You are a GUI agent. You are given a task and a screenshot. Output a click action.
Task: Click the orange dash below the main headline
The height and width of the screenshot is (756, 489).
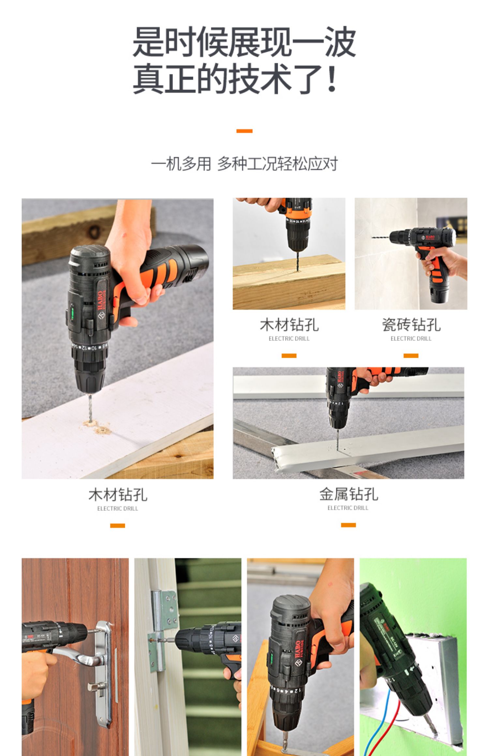pos(244,131)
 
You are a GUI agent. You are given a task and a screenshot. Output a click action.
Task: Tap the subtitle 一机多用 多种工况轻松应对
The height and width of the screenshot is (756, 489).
pos(244,163)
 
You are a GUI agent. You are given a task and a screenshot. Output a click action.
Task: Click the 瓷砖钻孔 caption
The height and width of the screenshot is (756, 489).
pos(411,325)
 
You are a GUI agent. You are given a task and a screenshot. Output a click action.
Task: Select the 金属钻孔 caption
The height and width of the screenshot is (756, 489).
pos(348,494)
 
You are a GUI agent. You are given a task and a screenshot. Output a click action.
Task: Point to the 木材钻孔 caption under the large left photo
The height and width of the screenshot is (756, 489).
pos(118,495)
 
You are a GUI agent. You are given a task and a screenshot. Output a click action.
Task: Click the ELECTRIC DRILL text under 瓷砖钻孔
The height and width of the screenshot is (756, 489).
pos(411,339)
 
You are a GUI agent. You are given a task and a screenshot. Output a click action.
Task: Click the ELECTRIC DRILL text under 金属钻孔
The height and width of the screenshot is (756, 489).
pos(348,508)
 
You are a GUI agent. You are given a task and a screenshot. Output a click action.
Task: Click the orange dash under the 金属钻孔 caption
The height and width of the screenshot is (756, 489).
pos(348,525)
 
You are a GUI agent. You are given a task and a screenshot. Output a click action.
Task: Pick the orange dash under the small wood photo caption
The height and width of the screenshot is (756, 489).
pos(289,356)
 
